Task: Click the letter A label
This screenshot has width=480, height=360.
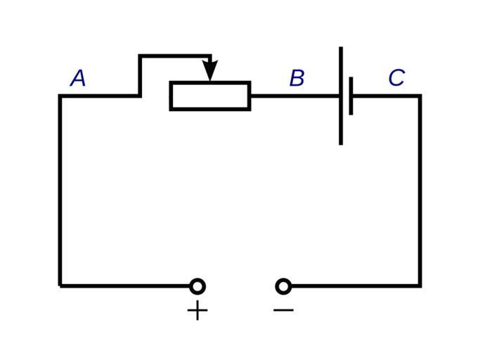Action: [x=78, y=78]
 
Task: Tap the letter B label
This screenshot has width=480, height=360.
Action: [x=297, y=78]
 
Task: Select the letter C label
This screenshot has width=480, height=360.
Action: [x=396, y=77]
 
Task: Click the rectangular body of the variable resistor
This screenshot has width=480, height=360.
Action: [x=210, y=96]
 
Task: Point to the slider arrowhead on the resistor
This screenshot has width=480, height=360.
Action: [x=210, y=70]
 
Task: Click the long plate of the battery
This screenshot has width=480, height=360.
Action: [x=341, y=96]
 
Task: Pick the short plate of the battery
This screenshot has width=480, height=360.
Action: [x=351, y=96]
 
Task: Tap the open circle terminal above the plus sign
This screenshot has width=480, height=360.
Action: [x=197, y=285]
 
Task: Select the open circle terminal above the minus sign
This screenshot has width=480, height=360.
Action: [x=283, y=285]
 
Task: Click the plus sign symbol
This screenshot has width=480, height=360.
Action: [x=197, y=310]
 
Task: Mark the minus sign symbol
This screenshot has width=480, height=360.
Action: [x=283, y=309]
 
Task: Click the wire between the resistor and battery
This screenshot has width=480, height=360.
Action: [x=295, y=96]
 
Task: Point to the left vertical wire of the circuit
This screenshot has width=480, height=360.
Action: [x=60, y=190]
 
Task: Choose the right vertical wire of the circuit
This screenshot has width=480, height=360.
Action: [x=420, y=190]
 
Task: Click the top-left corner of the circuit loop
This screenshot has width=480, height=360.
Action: [x=60, y=96]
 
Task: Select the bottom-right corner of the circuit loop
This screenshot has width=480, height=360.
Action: [x=420, y=285]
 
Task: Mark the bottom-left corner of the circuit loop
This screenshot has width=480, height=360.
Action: [x=60, y=285]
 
